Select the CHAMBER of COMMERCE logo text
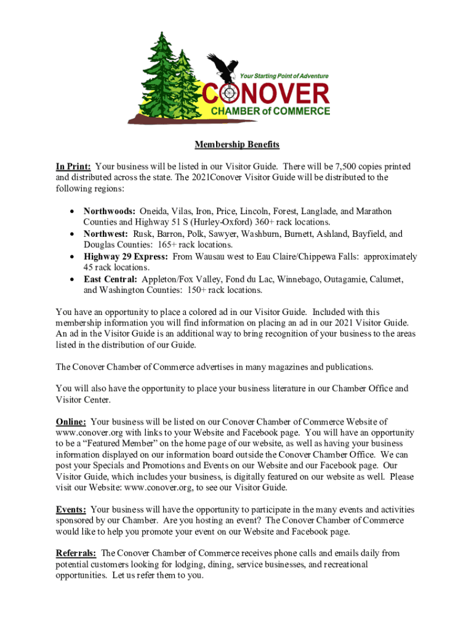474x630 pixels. pos(271,111)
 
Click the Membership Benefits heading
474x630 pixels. pos(237,145)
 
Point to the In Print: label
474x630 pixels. pos(73,167)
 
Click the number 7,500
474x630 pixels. pos(348,167)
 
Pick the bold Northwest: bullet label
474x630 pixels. pos(106,234)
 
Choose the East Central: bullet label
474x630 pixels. pos(111,279)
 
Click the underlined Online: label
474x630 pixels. pos(71,421)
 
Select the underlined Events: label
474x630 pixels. pos(71,509)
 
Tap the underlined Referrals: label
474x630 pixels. pos(76,553)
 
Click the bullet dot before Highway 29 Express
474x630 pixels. pos(73,257)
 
